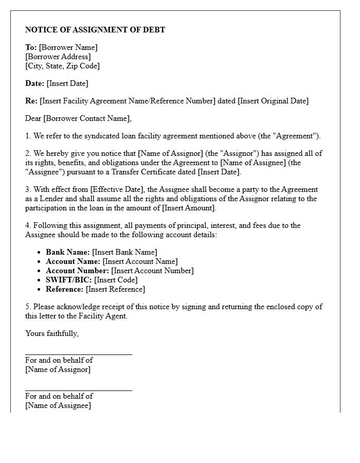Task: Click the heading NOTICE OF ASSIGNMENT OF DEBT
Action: coord(95,30)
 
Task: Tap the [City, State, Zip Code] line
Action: coord(62,66)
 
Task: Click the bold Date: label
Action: coord(34,83)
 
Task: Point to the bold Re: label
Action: coord(31,101)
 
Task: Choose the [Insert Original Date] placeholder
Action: coord(273,101)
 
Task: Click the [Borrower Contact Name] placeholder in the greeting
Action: coord(87,118)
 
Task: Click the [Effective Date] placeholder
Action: coord(118,189)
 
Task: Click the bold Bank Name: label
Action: coord(68,252)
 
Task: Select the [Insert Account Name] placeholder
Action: coord(140,261)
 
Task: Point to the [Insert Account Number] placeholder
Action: coord(152,271)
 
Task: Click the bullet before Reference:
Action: coord(40,290)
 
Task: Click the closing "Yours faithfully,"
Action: coord(52,333)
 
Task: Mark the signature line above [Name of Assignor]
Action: coord(78,354)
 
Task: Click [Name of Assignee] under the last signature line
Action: coord(58,405)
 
